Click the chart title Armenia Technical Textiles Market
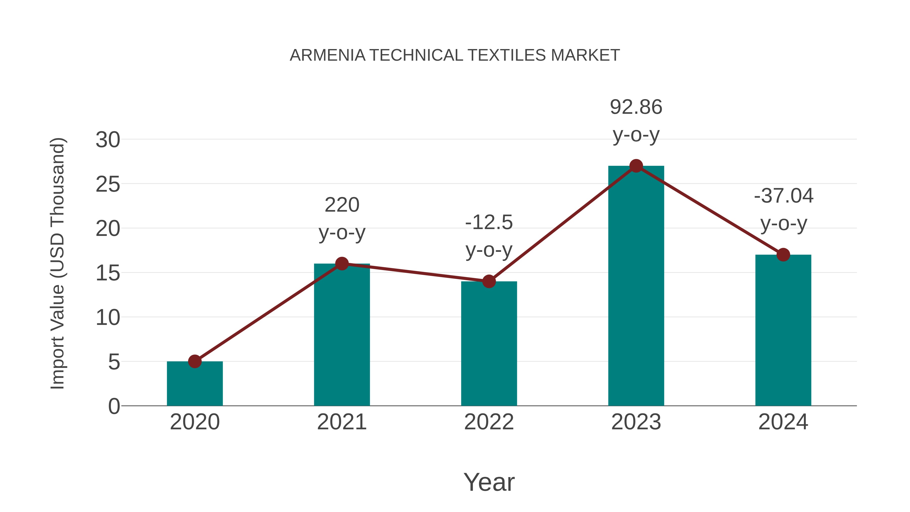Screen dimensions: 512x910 coord(455,55)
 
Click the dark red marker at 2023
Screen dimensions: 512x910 coord(636,166)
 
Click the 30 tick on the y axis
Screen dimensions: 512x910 coord(108,140)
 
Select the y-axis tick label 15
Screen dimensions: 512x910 coord(108,273)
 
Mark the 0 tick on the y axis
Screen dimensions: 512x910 coord(114,406)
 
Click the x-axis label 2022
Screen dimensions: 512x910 coord(489,422)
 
